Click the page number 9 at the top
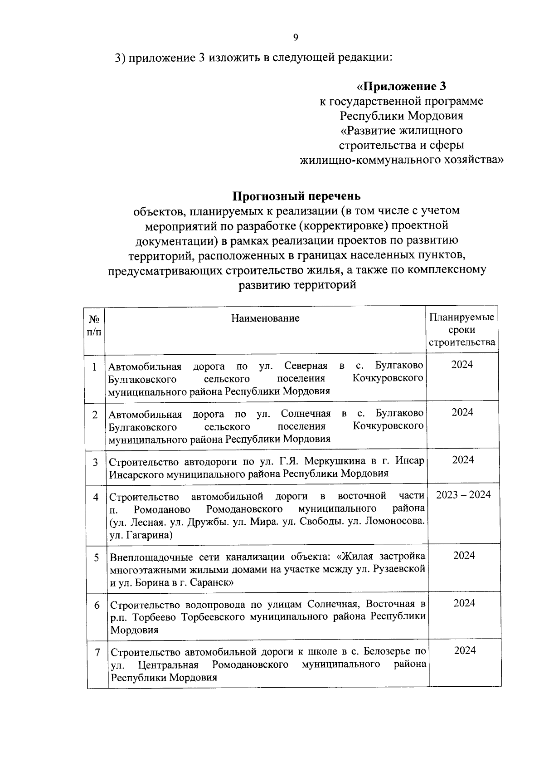(296, 38)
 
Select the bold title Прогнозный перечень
(297, 196)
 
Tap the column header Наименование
(265, 318)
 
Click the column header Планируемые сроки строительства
(462, 329)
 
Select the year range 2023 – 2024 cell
(463, 495)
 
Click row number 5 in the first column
(97, 557)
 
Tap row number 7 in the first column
(97, 652)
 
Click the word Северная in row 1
(306, 366)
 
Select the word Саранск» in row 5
(213, 582)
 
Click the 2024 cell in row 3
(463, 460)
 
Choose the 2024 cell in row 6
(464, 603)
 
